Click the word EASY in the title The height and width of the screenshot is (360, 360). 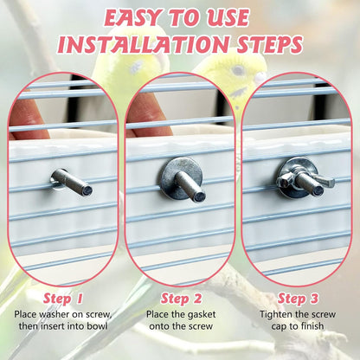[x=133, y=18]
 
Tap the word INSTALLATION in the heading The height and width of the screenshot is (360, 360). [x=143, y=45]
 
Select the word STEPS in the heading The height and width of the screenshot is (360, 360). [x=270, y=45]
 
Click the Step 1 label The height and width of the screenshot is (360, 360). [x=63, y=299]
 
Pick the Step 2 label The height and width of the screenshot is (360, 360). [x=181, y=299]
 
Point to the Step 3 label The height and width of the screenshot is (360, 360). [x=298, y=299]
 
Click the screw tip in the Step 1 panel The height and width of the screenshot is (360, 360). [x=87, y=190]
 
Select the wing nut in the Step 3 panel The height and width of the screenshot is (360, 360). [x=305, y=181]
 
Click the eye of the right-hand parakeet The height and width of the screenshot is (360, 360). [x=239, y=69]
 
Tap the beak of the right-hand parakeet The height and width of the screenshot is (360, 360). [x=261, y=77]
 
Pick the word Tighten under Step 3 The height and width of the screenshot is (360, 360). [x=276, y=314]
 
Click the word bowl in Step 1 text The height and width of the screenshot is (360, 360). [x=98, y=326]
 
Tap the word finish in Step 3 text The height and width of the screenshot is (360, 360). [x=311, y=326]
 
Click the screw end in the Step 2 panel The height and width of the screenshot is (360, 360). [x=199, y=196]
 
